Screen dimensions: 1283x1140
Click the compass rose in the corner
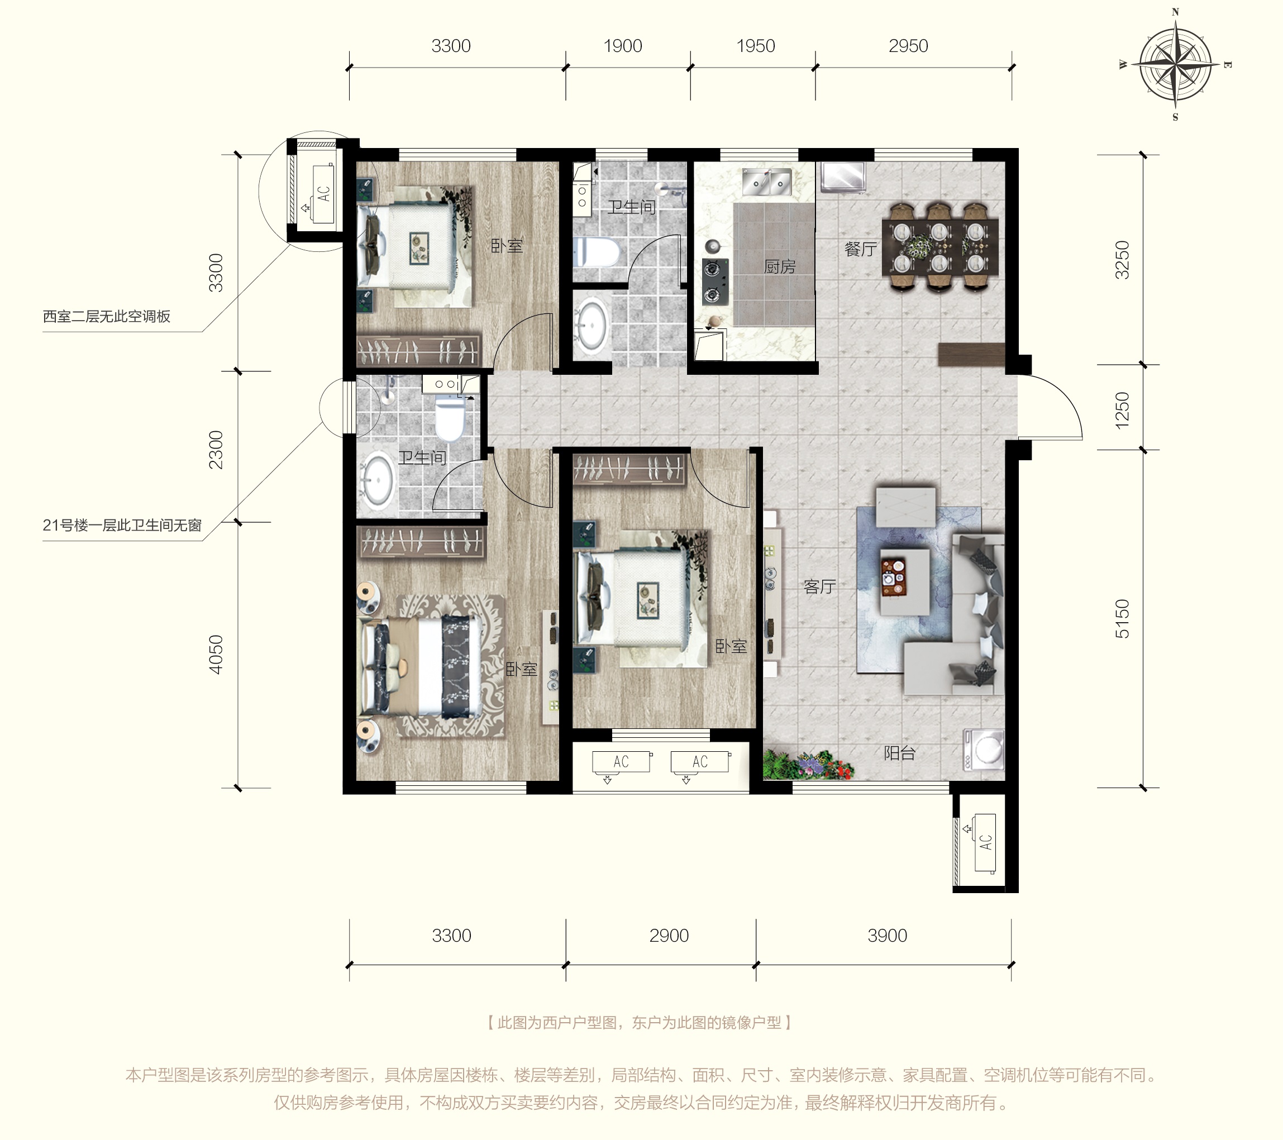(x=1175, y=64)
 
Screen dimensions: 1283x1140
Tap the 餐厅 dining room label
(x=861, y=249)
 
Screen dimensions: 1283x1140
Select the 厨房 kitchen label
(x=780, y=267)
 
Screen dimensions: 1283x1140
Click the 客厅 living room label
(x=820, y=586)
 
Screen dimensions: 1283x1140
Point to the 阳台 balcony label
(x=899, y=753)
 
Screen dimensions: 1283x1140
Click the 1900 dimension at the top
(x=623, y=46)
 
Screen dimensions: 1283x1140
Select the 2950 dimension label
(x=908, y=46)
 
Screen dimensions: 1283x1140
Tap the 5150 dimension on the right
(x=1122, y=618)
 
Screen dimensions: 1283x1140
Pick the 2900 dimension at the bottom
(x=669, y=936)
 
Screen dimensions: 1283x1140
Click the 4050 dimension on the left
(x=215, y=655)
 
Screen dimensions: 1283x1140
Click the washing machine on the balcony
(x=984, y=750)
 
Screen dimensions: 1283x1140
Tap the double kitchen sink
(x=767, y=182)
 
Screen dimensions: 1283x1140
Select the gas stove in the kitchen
(x=716, y=282)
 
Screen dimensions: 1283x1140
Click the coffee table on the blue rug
(x=904, y=582)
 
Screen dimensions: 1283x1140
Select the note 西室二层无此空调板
(x=107, y=316)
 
